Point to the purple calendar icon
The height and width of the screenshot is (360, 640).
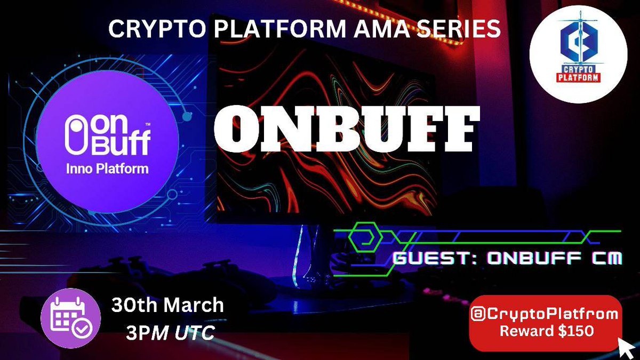(70, 318)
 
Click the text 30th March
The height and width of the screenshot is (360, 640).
(167, 306)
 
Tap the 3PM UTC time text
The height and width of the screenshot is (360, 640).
(170, 333)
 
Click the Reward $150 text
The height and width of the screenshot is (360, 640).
(546, 331)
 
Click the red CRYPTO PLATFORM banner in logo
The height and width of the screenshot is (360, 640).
(581, 74)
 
